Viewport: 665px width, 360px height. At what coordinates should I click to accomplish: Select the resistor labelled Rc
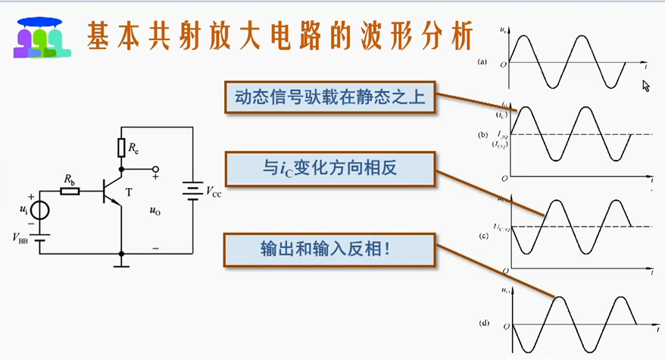coord(120,148)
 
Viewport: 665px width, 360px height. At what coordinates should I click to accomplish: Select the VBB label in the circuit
coord(22,238)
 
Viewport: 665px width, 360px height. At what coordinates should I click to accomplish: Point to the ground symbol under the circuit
coord(120,264)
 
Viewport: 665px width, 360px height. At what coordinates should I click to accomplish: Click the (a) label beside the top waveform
coord(482,64)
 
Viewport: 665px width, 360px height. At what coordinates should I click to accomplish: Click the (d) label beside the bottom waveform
coord(482,323)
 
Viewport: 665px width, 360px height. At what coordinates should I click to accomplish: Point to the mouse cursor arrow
coord(645,86)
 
